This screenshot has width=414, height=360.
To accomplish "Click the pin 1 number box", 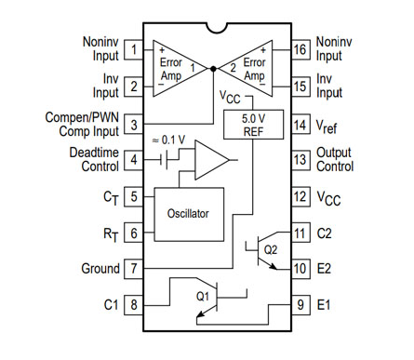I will (x=135, y=50).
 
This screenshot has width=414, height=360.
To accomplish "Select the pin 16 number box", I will (x=300, y=50).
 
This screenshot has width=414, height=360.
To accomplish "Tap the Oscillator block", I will (x=188, y=213).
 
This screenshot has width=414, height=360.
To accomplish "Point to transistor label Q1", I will (x=203, y=297).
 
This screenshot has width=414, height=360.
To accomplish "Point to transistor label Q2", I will (x=271, y=250).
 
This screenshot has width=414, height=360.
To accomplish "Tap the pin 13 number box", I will (x=300, y=160).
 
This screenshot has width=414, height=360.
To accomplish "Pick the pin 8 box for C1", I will (x=135, y=303).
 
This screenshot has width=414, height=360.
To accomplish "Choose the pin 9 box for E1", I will (x=300, y=303).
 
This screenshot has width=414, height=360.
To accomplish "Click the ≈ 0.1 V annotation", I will (x=173, y=140).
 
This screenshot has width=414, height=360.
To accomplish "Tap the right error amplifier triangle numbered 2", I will (x=246, y=68).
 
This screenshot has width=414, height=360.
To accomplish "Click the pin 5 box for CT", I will (x=135, y=196).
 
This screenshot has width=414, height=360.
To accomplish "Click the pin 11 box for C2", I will (x=300, y=233).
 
